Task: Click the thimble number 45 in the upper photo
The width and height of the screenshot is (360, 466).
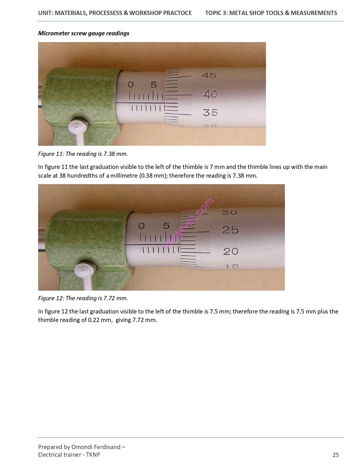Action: pyautogui.click(x=209, y=75)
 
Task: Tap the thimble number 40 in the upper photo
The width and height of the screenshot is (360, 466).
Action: pyautogui.click(x=210, y=94)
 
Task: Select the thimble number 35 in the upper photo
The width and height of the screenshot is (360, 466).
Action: pyautogui.click(x=210, y=112)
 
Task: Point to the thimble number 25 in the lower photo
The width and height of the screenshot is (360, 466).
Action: pyautogui.click(x=230, y=230)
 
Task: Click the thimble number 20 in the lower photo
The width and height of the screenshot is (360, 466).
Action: pyautogui.click(x=231, y=251)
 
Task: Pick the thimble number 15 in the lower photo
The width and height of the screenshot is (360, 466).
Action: pyautogui.click(x=231, y=266)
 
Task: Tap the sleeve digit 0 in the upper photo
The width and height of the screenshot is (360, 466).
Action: pyautogui.click(x=130, y=85)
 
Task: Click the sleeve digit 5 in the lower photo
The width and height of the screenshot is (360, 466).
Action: pyautogui.click(x=166, y=226)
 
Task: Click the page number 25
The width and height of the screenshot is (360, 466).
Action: pyautogui.click(x=335, y=455)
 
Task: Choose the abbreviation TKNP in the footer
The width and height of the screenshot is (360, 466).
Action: pyautogui.click(x=93, y=455)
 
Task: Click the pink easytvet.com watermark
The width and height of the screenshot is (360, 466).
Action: pyautogui.click(x=188, y=223)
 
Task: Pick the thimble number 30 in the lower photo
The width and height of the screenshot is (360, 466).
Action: pyautogui.click(x=229, y=212)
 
